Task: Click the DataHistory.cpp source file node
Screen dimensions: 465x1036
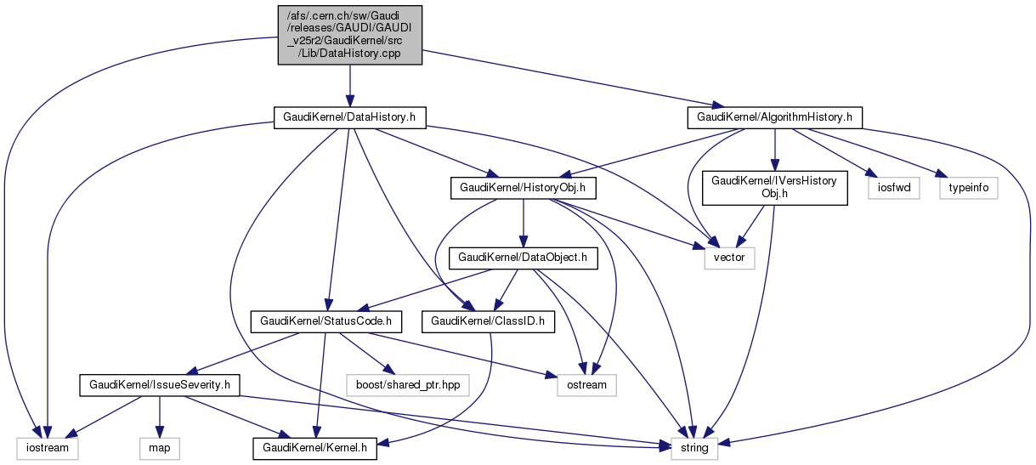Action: (350, 35)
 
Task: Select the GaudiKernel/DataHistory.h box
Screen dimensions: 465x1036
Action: (349, 116)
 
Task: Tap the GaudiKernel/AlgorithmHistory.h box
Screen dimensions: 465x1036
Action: (774, 116)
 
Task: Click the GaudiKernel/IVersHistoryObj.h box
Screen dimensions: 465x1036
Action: (774, 187)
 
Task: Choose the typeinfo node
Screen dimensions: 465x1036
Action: (968, 188)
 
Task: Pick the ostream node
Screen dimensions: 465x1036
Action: (586, 385)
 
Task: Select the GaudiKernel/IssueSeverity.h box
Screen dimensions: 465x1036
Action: (158, 385)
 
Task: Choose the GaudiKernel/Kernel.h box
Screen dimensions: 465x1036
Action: (314, 446)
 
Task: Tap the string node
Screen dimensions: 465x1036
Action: (694, 446)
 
